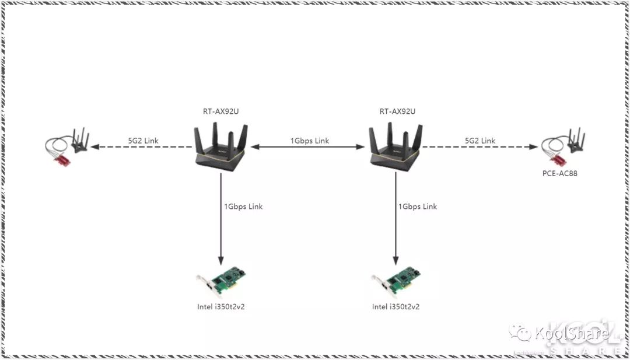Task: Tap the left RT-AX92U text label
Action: click(221, 111)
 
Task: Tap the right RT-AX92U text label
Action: click(395, 111)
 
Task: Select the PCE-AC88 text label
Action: click(559, 173)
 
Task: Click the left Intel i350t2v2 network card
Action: click(222, 284)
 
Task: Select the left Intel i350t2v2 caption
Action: click(220, 306)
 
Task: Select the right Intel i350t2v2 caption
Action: click(396, 306)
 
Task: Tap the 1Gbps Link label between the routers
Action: click(309, 141)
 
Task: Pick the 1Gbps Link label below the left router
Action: click(243, 207)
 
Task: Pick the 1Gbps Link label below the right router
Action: click(418, 207)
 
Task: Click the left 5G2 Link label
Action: click(143, 141)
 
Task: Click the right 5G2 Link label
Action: click(480, 141)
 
